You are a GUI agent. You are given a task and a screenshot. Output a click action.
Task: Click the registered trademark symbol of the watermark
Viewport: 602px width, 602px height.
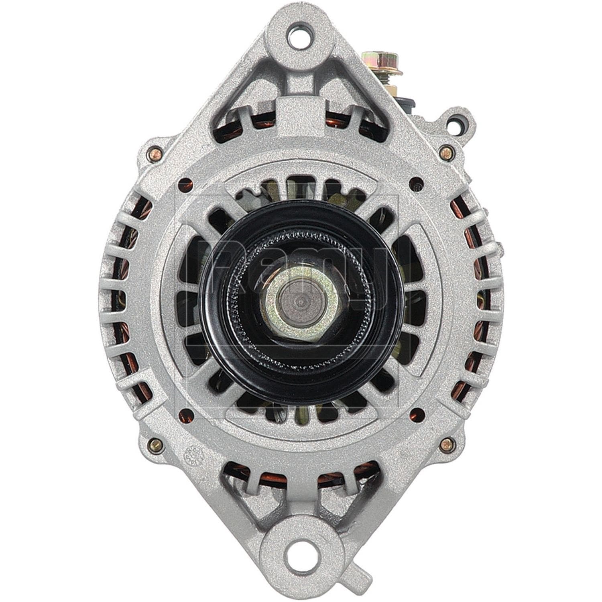[417, 187]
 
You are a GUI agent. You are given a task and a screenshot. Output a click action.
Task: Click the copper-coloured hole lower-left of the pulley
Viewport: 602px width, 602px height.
[185, 412]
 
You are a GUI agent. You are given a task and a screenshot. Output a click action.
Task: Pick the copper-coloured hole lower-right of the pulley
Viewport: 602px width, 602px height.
[417, 412]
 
